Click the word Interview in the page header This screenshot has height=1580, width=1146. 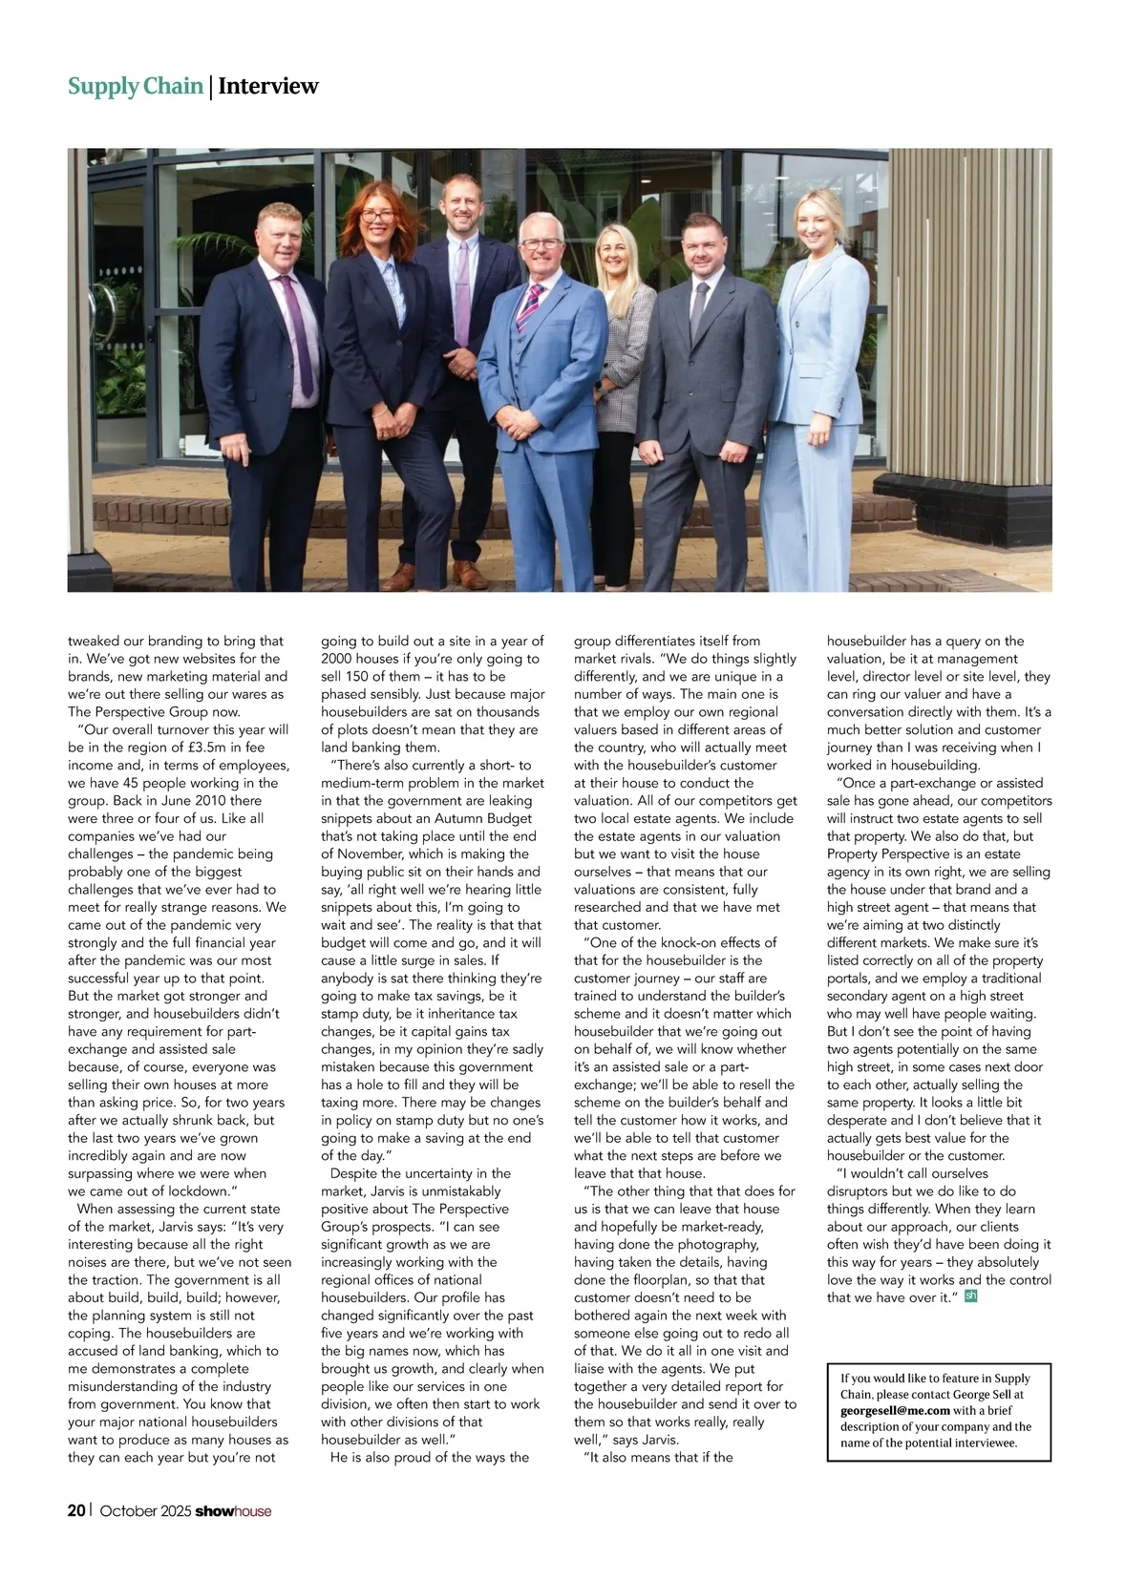[268, 87]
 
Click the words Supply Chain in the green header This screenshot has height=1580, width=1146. [135, 87]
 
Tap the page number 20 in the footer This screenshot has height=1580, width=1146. [76, 1510]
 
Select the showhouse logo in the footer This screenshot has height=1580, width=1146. [233, 1511]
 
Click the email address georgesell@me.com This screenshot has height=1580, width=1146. [895, 1410]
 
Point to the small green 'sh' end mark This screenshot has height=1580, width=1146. [971, 1296]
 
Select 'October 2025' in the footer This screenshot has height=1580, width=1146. [145, 1511]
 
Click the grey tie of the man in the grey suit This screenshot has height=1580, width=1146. [698, 310]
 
